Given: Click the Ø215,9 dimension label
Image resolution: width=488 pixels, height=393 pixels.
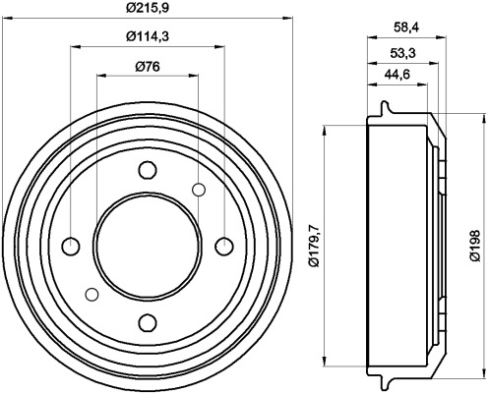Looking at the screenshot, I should coord(148,11).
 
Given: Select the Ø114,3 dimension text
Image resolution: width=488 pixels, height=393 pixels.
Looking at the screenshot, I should coord(148,39).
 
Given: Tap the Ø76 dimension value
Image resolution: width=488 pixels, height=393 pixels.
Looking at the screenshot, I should coord(148,67).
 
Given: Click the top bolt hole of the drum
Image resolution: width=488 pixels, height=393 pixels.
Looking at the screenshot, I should coord(148,169).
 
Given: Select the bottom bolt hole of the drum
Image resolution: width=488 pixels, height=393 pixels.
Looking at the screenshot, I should coord(148,321).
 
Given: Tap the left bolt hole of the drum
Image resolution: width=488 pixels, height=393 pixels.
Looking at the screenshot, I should coord(72,246).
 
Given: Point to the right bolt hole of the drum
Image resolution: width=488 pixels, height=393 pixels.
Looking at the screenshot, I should coord(223,246).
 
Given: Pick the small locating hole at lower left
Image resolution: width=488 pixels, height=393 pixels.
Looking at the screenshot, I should coord(91,294).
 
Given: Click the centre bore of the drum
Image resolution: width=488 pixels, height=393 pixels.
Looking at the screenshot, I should coord(148,246).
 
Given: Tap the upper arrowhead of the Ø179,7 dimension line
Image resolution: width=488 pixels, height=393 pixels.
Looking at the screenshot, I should coord(326,129).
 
